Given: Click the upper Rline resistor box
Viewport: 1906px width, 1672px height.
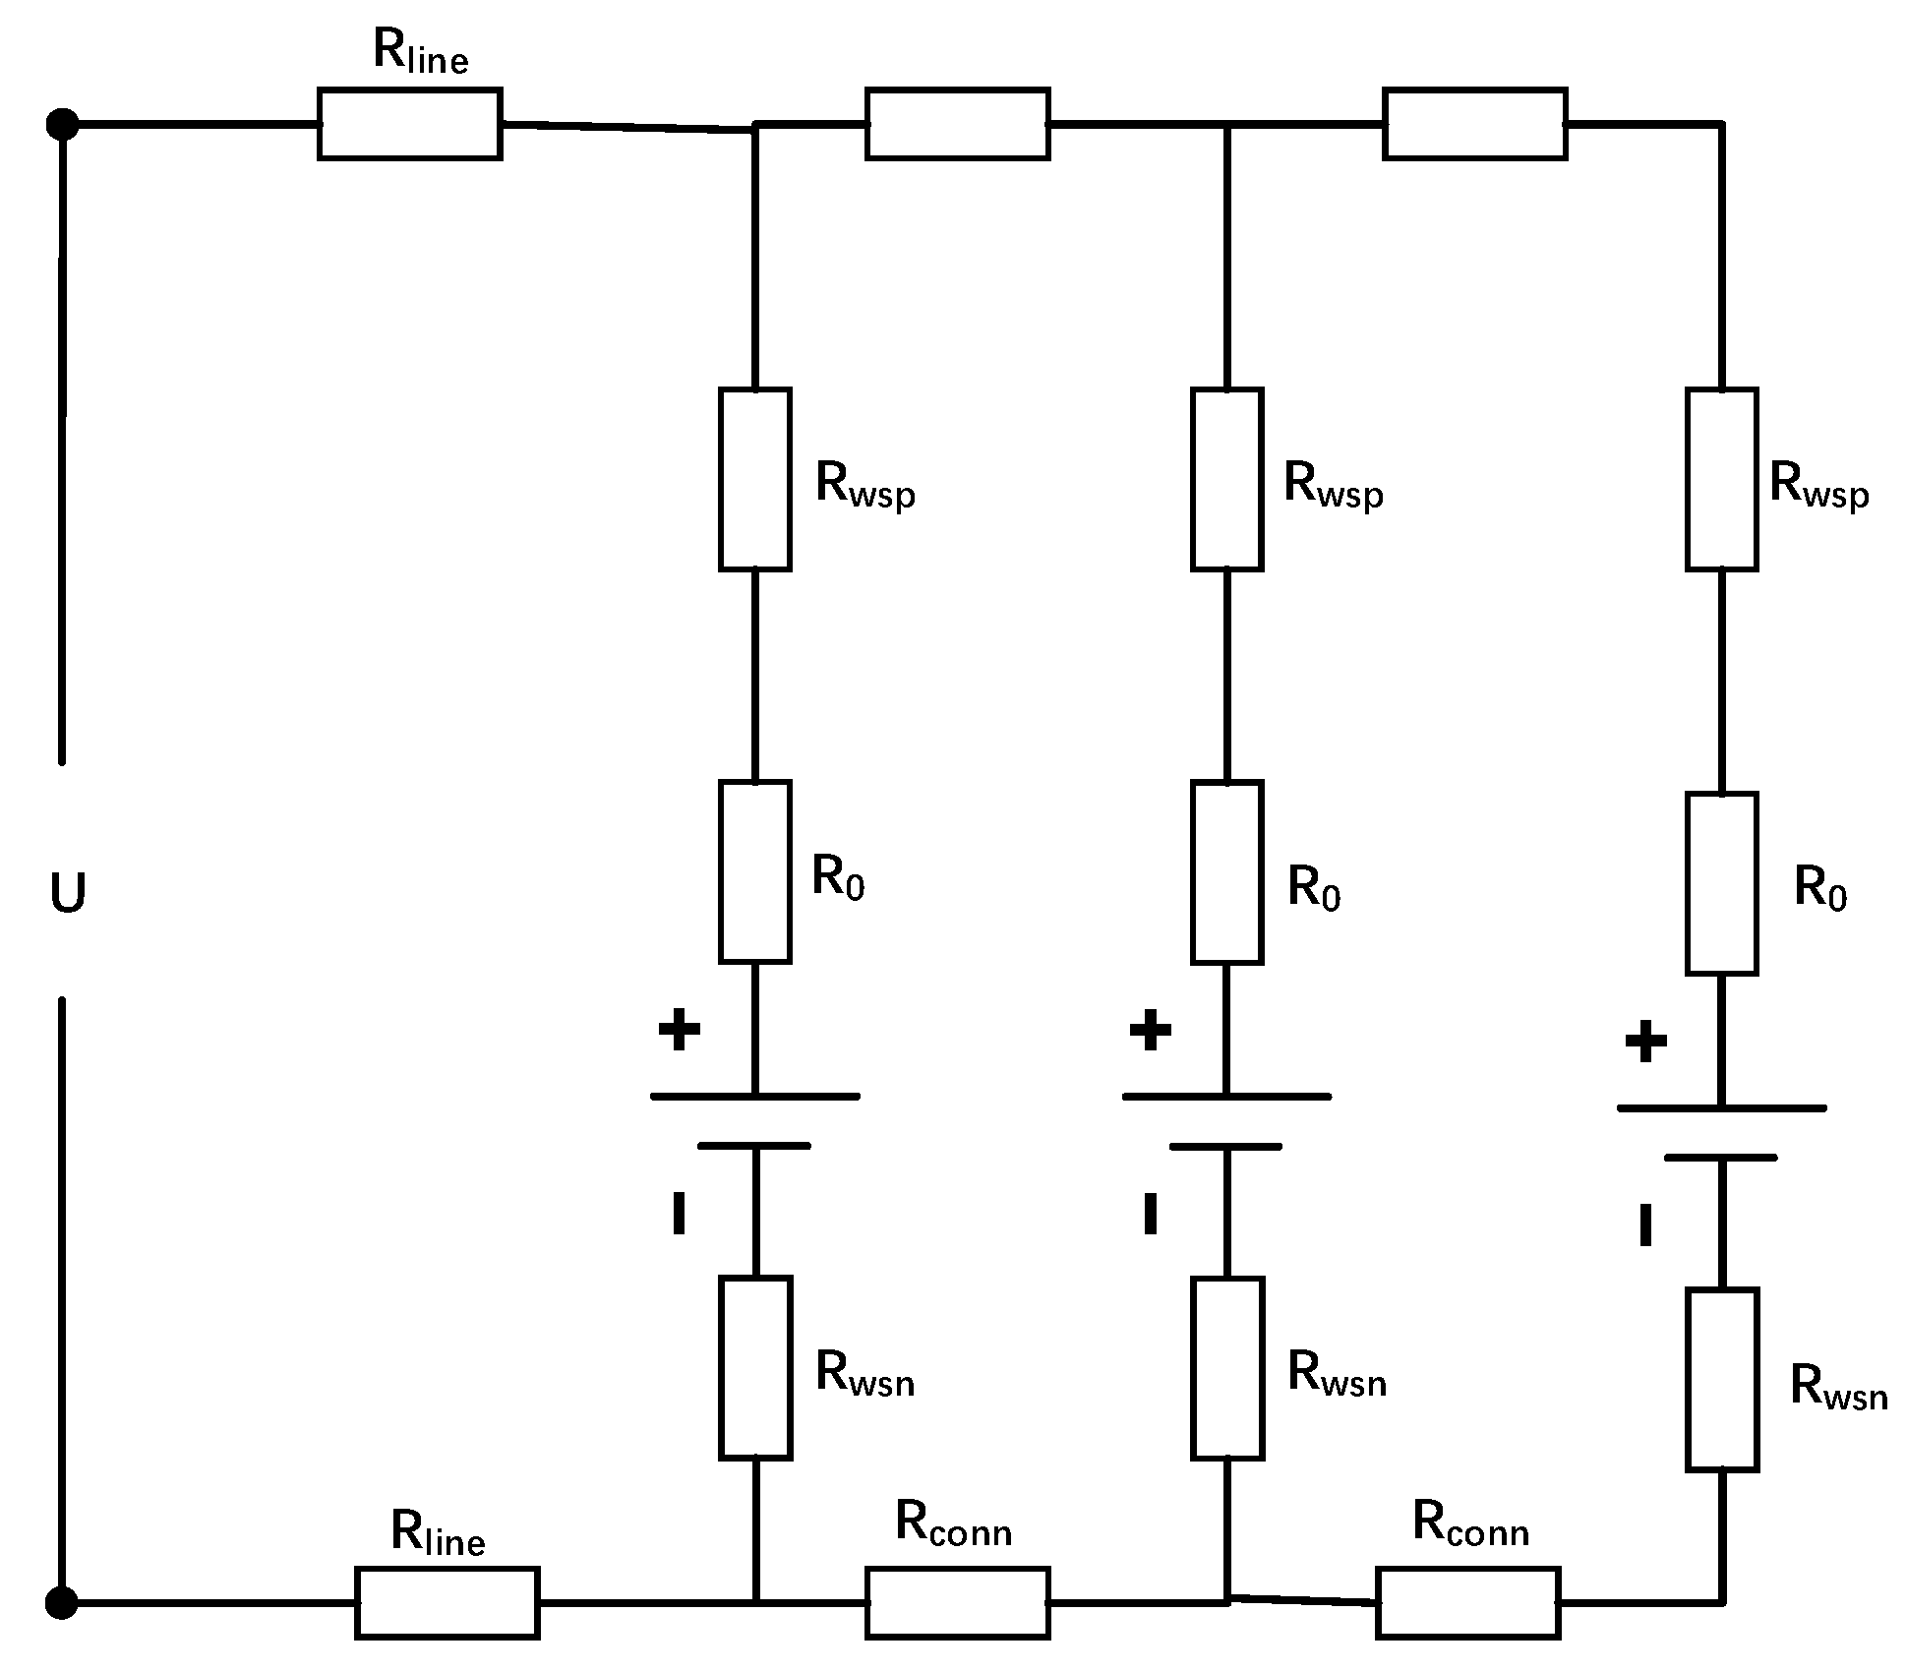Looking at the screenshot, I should click(x=409, y=124).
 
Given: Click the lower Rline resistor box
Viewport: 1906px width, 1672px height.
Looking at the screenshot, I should click(x=447, y=1603).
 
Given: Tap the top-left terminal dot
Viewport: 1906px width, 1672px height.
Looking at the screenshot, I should click(x=62, y=124).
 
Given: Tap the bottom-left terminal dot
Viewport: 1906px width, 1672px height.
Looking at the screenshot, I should click(x=62, y=1603).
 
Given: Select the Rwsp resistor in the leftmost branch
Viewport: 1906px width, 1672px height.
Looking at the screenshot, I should click(x=754, y=479).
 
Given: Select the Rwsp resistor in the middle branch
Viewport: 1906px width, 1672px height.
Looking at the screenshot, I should click(x=1226, y=479).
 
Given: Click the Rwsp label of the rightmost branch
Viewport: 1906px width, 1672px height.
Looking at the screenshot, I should click(x=1817, y=485).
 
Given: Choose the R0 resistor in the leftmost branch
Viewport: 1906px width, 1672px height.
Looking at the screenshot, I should click(x=754, y=871).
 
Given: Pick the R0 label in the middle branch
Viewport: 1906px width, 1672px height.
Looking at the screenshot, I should click(x=1314, y=888).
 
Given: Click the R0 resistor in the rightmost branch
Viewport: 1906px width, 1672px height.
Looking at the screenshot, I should click(x=1721, y=883).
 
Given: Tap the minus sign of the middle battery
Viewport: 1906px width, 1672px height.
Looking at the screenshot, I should click(x=1151, y=1214).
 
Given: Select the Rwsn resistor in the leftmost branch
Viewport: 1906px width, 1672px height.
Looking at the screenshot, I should click(x=754, y=1367).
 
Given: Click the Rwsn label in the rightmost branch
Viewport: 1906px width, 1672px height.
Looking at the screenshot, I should click(x=1838, y=1388).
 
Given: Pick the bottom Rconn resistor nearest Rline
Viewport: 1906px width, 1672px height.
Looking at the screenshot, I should click(x=957, y=1603).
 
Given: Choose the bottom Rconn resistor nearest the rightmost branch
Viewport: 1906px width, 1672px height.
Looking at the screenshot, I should click(x=1467, y=1603).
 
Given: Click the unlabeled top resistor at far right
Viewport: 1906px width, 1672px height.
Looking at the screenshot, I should click(x=1474, y=124).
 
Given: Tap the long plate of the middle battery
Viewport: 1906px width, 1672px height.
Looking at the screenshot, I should click(x=1226, y=1096).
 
